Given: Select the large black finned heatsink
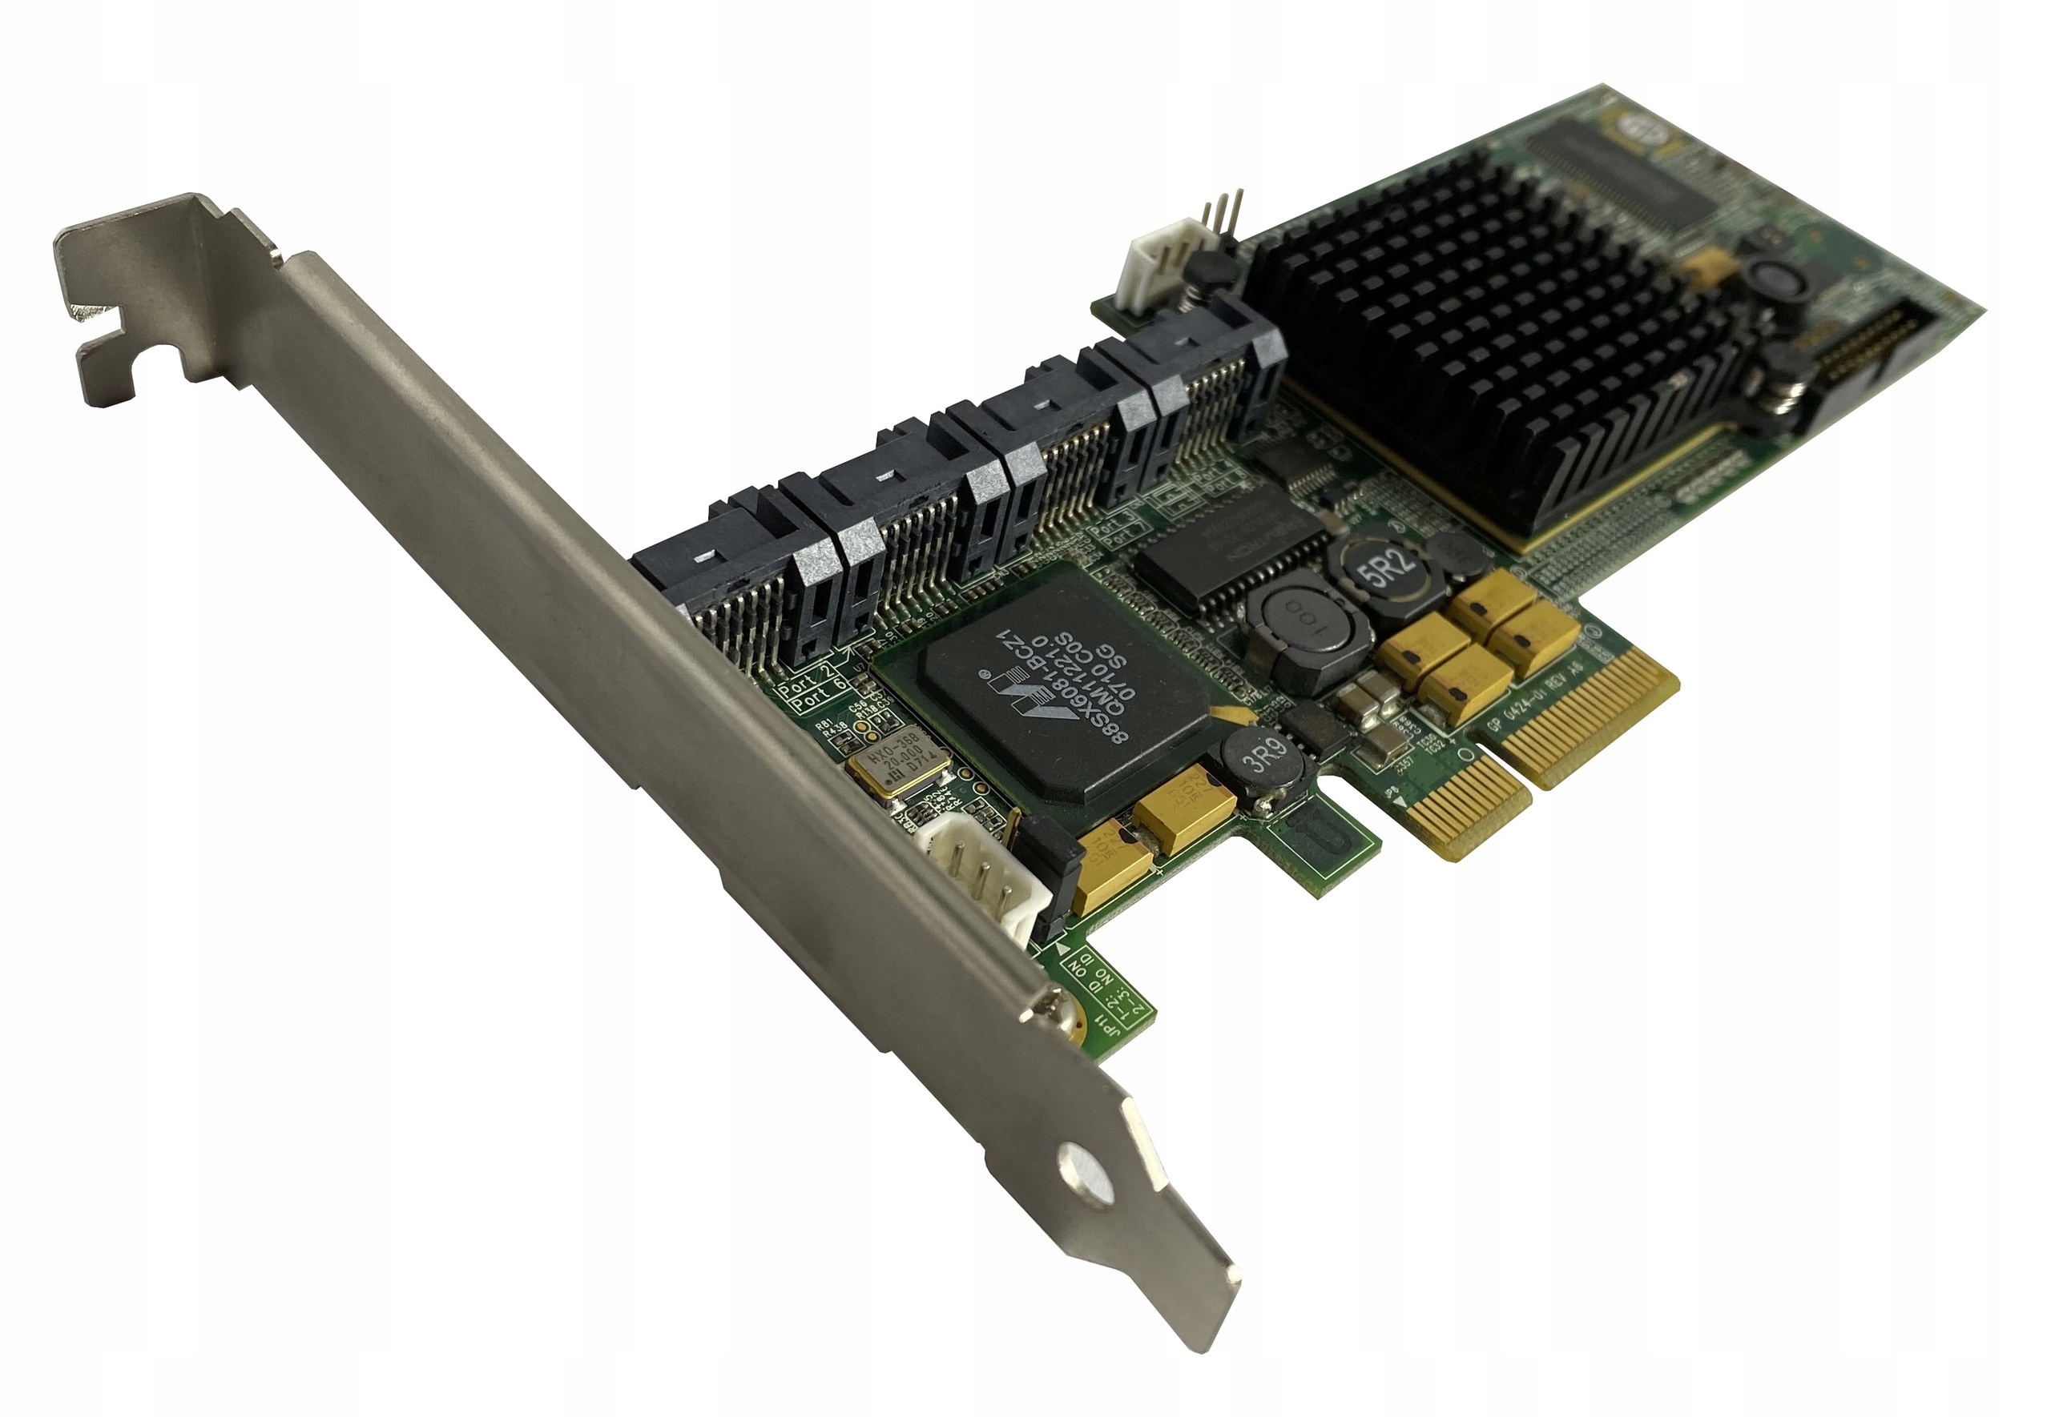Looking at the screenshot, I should [1501, 347].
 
